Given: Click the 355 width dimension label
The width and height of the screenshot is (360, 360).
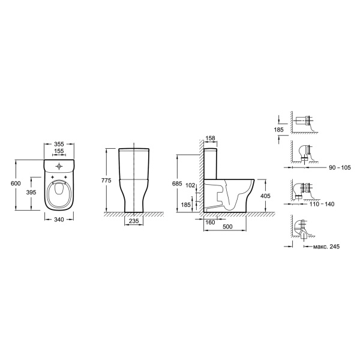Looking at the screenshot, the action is tap(59, 144).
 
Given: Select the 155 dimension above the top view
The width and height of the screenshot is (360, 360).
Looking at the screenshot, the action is tap(59, 151).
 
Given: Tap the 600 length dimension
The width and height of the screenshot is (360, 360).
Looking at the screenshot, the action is tap(16, 183).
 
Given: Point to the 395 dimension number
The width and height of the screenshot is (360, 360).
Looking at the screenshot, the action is tap(31, 192).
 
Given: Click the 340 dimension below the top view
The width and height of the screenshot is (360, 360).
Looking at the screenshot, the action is tap(59, 220).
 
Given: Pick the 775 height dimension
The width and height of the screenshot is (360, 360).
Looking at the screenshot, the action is tap(106, 180).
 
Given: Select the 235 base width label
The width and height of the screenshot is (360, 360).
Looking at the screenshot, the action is tap(134, 221).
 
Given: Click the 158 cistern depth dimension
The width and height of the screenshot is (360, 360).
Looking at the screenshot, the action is tap(211, 138).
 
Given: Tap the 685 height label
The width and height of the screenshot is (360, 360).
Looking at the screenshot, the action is tap(177, 184).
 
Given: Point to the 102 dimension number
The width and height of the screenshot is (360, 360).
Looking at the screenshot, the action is tap(190, 185).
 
